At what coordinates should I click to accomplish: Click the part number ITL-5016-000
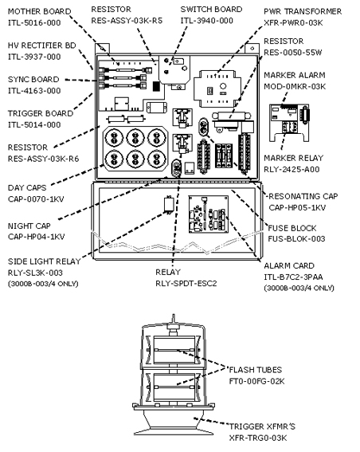[x=34, y=23]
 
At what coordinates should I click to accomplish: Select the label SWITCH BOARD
[x=211, y=10]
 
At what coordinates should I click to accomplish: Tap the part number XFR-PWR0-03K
[x=293, y=23]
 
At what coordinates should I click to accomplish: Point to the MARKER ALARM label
[x=295, y=75]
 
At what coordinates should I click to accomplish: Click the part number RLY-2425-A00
[x=292, y=169]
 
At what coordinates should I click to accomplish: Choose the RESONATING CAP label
[x=303, y=196]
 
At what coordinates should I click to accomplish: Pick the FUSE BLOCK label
[x=292, y=228]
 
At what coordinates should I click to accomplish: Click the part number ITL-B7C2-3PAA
[x=293, y=277]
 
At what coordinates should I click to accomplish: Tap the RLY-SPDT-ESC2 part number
[x=186, y=283]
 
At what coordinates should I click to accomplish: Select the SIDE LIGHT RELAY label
[x=44, y=261]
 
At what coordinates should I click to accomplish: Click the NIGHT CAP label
[x=29, y=226]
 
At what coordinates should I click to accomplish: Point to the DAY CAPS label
[x=27, y=187]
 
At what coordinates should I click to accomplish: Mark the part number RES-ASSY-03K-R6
[x=43, y=159]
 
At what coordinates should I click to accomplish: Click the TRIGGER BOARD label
[x=41, y=113]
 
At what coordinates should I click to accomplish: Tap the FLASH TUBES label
[x=255, y=370]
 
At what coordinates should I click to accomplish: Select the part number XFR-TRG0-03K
[x=258, y=438]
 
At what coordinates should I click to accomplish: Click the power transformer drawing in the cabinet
[x=217, y=88]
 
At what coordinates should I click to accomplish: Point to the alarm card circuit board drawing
[x=208, y=214]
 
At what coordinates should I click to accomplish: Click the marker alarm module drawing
[x=289, y=123]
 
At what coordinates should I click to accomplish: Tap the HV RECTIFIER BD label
[x=41, y=45]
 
